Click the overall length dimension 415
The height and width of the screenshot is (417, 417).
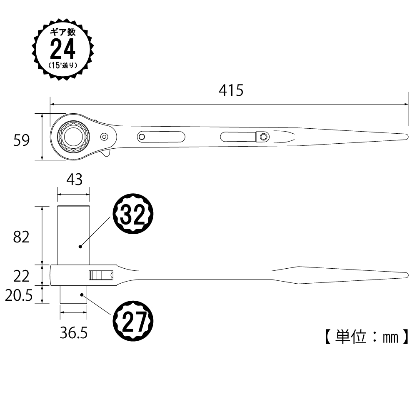231,90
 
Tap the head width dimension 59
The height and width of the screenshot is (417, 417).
21,140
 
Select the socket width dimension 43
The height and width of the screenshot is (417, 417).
75,180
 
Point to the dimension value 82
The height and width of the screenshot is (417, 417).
21,237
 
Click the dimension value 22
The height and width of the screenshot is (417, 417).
21,276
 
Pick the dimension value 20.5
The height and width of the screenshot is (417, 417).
19,295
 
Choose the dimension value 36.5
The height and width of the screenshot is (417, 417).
74,332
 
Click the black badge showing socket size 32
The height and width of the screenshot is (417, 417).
133,214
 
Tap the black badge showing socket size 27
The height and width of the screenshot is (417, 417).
133,321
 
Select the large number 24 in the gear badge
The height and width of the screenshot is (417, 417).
63,49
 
